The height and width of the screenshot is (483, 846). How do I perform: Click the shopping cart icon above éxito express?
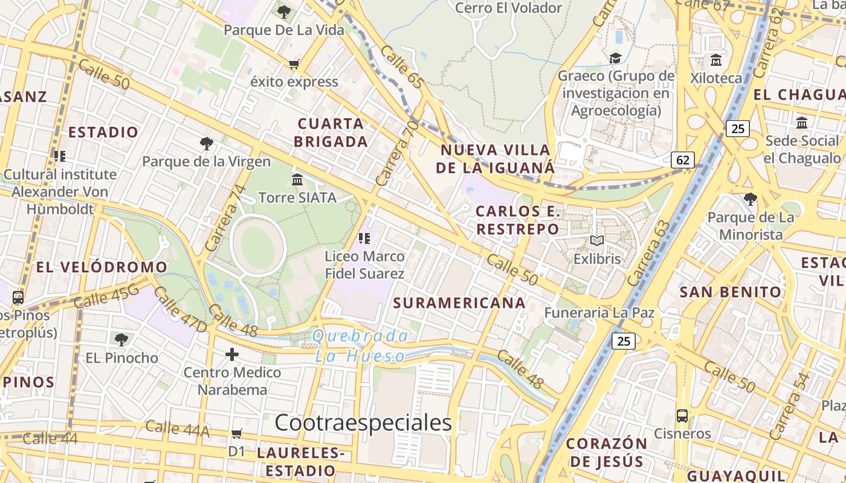[294, 64]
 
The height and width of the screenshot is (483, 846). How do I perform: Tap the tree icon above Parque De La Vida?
[283, 11]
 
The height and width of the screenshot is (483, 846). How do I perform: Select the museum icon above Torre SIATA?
[297, 179]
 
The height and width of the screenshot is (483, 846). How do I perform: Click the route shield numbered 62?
[682, 160]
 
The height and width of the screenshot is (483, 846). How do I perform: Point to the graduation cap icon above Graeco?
[615, 58]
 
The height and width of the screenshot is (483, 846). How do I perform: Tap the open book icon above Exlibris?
[597, 241]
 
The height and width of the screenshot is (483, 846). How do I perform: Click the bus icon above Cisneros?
[682, 415]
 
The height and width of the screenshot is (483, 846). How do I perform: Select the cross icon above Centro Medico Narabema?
[232, 354]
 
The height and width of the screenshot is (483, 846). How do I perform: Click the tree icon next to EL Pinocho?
[121, 339]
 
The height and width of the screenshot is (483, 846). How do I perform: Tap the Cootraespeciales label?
[363, 423]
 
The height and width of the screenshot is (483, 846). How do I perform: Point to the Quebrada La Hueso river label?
[360, 346]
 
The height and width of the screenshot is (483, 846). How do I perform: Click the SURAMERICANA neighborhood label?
[459, 303]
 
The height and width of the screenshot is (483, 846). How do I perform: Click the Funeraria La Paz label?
[599, 313]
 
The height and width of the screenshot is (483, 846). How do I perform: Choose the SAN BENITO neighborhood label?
[731, 292]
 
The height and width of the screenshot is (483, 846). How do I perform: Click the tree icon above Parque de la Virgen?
[207, 144]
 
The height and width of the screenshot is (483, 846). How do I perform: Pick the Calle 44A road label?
[177, 429]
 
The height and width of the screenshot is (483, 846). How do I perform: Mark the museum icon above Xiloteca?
[716, 60]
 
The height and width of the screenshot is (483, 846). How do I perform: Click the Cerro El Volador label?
[508, 8]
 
